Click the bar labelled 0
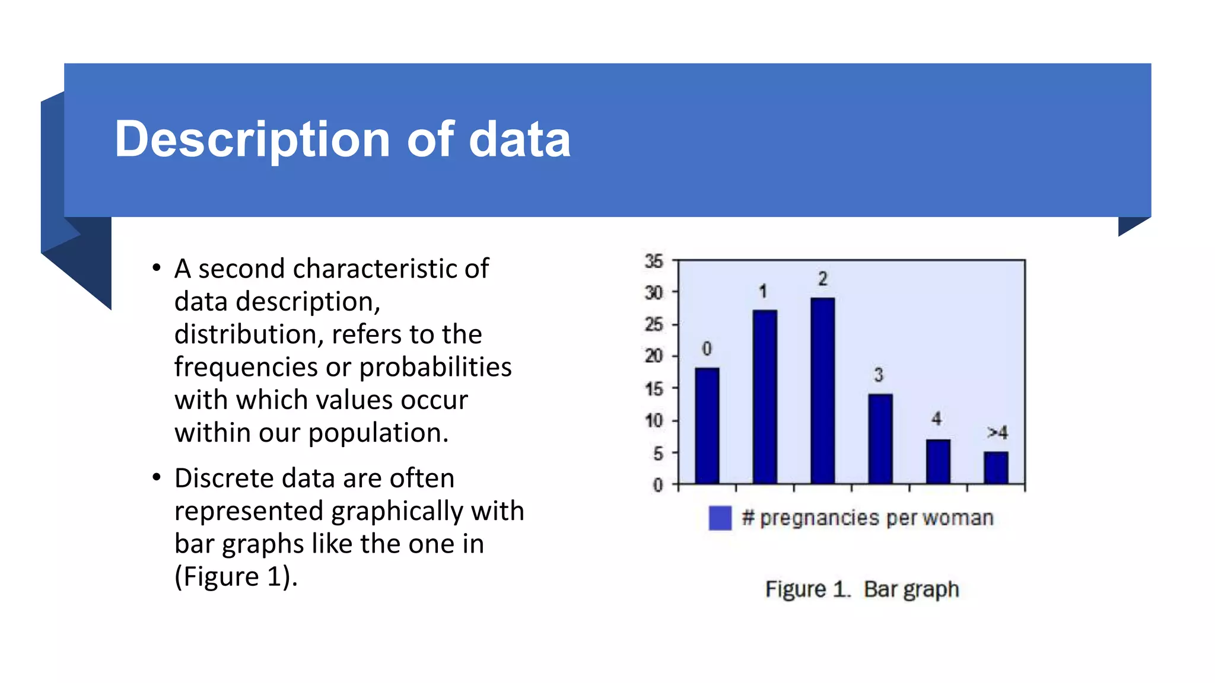coord(707,426)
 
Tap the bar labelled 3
coord(880,439)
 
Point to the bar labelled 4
coord(938,461)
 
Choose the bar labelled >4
coord(996,468)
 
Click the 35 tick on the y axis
coord(654,261)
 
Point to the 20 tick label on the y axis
coord(654,356)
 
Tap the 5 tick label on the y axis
coord(658,454)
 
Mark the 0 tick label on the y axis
coord(658,486)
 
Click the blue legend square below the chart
coord(720,518)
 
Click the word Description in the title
coord(252,139)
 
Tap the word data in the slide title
coord(520,139)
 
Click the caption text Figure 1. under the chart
coord(807,589)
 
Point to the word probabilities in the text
coord(435,367)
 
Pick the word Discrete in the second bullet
coord(224,478)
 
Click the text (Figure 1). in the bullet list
coord(236,576)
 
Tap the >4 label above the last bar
coord(997,433)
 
